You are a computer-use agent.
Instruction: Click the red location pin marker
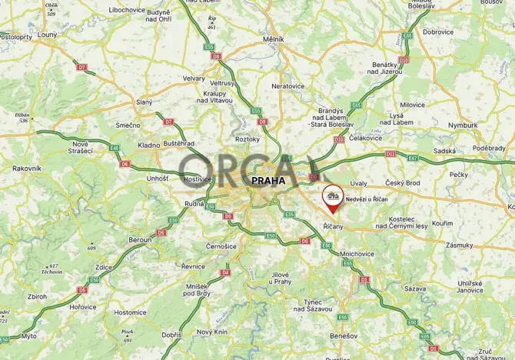tap(333, 198)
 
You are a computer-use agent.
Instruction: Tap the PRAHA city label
tap(268, 181)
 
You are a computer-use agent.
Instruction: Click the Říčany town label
tap(333, 226)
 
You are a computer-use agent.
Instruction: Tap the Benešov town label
tap(344, 336)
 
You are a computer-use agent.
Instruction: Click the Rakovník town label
tap(26, 168)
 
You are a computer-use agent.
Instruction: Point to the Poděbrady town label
tap(489, 148)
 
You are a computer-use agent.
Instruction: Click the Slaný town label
tap(144, 102)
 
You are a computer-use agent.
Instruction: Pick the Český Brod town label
tap(403, 182)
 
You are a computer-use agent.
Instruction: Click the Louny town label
tap(46, 35)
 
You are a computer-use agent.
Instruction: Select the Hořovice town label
tap(83, 306)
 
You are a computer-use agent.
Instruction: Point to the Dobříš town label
tap(171, 335)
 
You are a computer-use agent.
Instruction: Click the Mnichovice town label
tap(357, 253)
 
